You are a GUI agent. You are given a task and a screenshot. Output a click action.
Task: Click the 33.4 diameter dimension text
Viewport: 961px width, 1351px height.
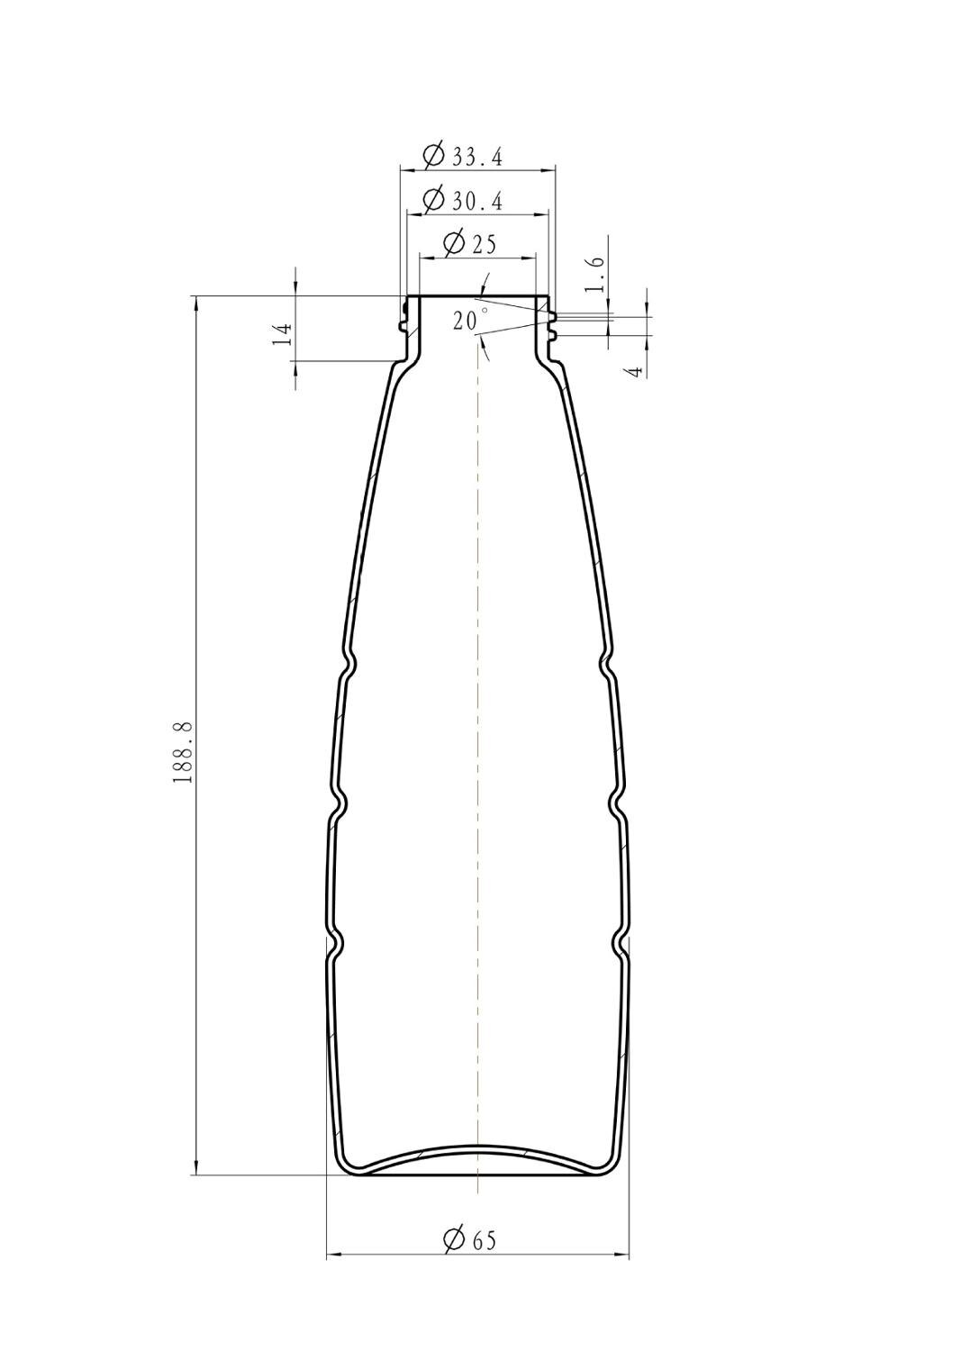(463, 156)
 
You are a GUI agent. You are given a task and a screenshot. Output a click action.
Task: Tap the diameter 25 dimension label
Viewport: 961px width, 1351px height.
(468, 244)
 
